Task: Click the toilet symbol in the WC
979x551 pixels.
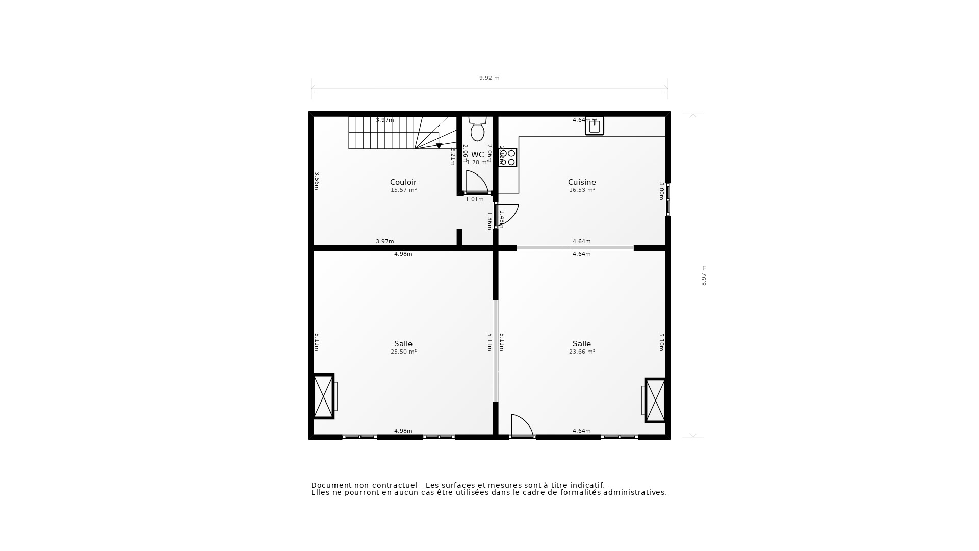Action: (477, 129)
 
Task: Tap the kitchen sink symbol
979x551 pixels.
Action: (594, 126)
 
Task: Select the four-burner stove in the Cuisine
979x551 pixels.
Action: (508, 158)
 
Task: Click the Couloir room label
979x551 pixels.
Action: (403, 182)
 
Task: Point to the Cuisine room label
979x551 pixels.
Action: (581, 182)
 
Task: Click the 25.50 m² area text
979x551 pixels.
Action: (403, 352)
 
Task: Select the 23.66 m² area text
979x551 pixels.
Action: (582, 352)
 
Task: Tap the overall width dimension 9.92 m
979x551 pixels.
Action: (489, 78)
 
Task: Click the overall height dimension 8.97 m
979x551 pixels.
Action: (704, 275)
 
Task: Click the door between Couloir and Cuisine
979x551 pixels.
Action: (507, 214)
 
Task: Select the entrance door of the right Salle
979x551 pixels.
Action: (522, 426)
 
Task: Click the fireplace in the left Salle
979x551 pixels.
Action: (324, 396)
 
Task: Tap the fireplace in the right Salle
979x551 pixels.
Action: (655, 400)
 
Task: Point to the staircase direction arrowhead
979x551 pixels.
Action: (439, 146)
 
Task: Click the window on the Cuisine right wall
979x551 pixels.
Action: (668, 199)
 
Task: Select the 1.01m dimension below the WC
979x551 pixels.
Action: (474, 199)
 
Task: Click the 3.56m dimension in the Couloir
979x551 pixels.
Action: (317, 181)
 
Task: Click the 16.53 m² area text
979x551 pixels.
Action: (582, 190)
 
